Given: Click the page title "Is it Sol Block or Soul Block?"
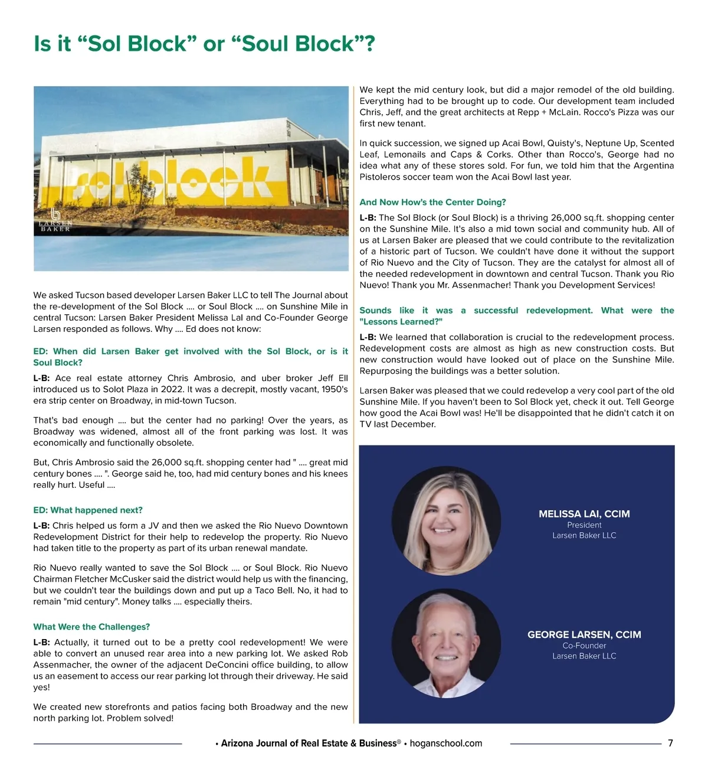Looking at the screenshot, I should tap(204, 44).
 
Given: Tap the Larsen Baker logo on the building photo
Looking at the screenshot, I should tap(55, 220).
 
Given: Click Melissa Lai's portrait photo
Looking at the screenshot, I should tap(446, 521).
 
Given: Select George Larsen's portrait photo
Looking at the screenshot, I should tap(446, 643).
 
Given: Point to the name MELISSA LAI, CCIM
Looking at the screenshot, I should tap(584, 514).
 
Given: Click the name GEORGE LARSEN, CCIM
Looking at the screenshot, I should tap(584, 634).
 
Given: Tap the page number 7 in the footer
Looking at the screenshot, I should tap(670, 743).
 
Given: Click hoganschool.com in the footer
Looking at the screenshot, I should tap(446, 744).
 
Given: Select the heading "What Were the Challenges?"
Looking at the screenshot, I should tap(91, 627).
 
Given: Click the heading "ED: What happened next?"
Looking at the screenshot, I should tap(88, 510).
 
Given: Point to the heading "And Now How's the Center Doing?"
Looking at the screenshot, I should tap(432, 202).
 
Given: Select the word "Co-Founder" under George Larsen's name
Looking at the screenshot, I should tap(584, 646).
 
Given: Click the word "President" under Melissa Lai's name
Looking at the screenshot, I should tap(584, 525).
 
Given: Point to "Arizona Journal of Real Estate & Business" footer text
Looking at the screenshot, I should tap(309, 744).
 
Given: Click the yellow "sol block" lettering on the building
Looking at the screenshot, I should tap(171, 177).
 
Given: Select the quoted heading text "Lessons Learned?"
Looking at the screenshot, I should tap(401, 322).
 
